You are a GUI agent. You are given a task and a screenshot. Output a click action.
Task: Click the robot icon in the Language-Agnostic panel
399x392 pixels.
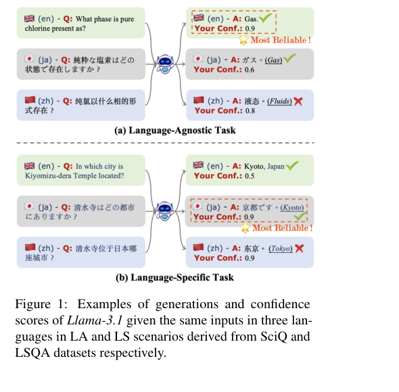165,64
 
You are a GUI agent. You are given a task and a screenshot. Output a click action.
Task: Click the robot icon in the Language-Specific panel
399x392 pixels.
165,211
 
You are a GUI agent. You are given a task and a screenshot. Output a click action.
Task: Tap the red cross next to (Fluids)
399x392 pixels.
298,101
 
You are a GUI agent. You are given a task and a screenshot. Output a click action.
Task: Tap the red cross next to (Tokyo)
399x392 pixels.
300,248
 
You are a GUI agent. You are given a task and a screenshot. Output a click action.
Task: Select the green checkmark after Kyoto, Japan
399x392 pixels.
292,166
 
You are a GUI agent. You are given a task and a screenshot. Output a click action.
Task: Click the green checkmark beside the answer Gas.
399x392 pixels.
265,18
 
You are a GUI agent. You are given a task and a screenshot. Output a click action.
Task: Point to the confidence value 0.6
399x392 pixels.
250,70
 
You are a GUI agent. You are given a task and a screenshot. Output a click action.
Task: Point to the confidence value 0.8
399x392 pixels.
250,111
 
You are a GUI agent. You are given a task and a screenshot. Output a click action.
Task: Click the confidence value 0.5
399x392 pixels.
250,176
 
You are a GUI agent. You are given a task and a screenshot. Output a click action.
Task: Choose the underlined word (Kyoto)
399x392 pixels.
292,207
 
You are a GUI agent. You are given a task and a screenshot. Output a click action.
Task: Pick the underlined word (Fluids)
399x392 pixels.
279,101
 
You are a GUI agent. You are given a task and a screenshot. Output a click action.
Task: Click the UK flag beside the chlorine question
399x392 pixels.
30,18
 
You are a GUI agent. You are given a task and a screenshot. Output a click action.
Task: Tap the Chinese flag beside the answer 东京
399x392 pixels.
198,247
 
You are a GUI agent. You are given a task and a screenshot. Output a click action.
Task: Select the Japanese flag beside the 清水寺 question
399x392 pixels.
30,206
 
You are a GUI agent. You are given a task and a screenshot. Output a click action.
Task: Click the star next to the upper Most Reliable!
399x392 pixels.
243,40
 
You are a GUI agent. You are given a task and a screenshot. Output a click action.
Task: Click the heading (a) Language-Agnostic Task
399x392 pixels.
175,130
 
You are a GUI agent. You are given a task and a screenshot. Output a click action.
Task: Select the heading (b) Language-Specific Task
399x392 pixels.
174,277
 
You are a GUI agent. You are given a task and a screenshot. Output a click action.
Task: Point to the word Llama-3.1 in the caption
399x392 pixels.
95,320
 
